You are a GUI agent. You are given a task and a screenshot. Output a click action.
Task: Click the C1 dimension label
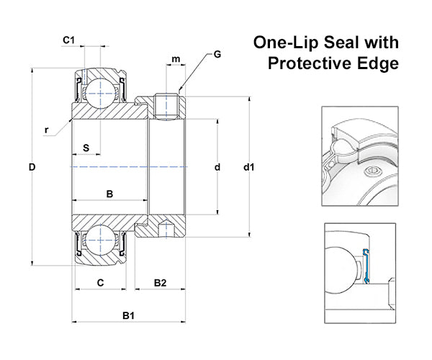(x=68, y=40)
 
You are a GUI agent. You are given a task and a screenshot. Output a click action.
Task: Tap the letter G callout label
(x=217, y=55)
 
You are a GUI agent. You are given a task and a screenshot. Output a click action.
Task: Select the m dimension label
(x=176, y=59)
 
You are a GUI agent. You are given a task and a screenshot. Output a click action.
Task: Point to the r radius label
(x=47, y=130)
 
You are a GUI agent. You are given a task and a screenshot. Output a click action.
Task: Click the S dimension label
(x=86, y=148)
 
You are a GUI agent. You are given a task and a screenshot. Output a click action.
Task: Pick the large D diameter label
(x=32, y=167)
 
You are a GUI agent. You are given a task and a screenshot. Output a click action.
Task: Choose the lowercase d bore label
(x=217, y=167)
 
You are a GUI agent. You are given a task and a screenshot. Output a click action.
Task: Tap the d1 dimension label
(x=249, y=167)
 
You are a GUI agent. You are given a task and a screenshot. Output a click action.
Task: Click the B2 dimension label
(x=160, y=283)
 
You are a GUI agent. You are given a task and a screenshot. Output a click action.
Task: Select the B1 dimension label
(x=128, y=315)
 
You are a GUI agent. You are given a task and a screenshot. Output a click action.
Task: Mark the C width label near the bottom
(x=101, y=283)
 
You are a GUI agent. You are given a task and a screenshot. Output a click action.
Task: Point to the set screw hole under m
(x=166, y=107)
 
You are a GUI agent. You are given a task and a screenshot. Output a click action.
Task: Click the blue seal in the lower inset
(x=366, y=266)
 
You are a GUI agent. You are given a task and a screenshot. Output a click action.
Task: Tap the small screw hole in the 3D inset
(x=372, y=171)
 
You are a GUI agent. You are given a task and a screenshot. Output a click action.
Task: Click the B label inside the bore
(x=109, y=194)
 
